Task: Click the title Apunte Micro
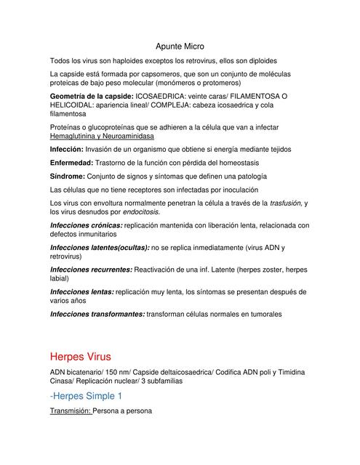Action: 180,45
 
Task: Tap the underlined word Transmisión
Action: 70,411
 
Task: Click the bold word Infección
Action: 66,149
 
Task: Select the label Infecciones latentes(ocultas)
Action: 100,248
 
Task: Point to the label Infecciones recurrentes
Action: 91,270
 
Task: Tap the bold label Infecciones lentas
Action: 82,291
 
